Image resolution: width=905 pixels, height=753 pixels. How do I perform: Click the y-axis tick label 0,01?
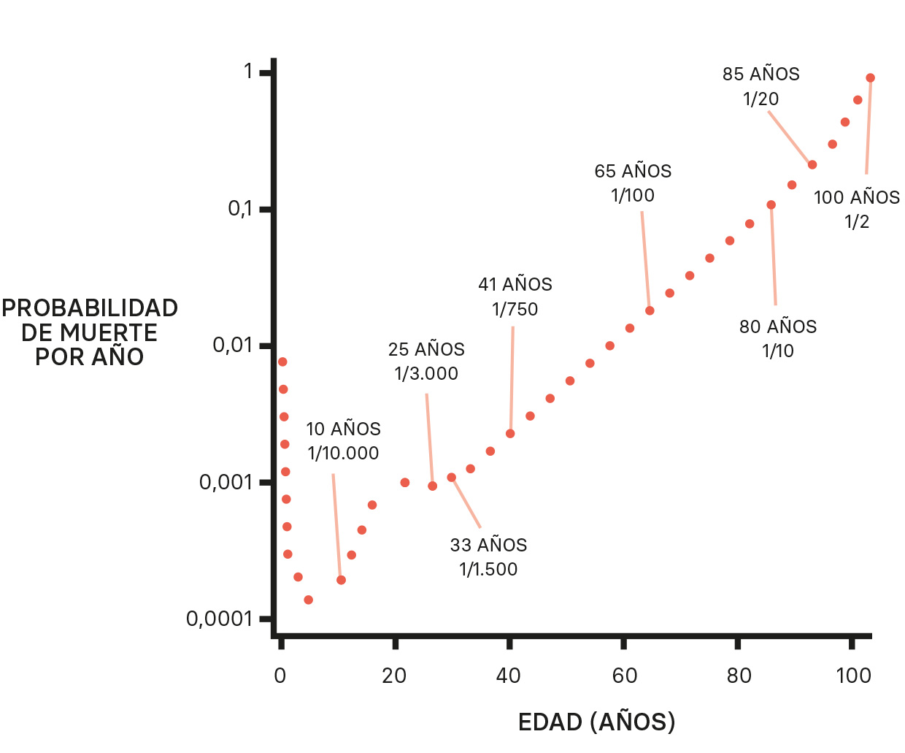tap(232, 345)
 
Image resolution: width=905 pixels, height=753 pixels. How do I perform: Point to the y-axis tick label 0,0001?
tap(219, 619)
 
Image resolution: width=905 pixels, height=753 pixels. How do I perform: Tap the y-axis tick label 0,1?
tap(240, 209)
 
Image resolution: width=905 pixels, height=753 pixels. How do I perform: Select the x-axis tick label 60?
tap(625, 676)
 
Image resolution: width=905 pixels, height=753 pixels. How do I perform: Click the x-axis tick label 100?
tap(853, 676)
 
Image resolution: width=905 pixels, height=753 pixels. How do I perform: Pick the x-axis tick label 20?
tap(394, 676)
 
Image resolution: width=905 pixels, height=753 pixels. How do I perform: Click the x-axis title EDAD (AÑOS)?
tap(596, 722)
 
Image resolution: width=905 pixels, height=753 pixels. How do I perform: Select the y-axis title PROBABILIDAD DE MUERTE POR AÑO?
tap(90, 332)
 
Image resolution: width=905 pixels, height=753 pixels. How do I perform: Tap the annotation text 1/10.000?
tap(343, 453)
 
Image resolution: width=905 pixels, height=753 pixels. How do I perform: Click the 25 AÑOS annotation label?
tap(426, 349)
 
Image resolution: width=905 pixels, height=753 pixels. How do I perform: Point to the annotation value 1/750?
tap(515, 309)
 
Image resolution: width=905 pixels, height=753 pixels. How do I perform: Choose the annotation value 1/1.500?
tap(488, 569)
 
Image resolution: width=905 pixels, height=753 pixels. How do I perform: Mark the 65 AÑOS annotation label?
tap(633, 171)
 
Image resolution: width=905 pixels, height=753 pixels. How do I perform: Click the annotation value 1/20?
tap(760, 99)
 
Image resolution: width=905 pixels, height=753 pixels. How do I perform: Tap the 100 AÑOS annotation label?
tap(856, 197)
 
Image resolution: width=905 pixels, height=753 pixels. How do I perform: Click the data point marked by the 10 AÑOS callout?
tap(341, 580)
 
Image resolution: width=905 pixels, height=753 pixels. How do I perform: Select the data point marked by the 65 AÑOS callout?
tap(650, 310)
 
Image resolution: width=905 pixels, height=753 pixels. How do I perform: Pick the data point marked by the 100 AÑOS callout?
tap(870, 78)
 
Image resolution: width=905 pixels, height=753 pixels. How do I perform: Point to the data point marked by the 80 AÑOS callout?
tap(771, 205)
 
